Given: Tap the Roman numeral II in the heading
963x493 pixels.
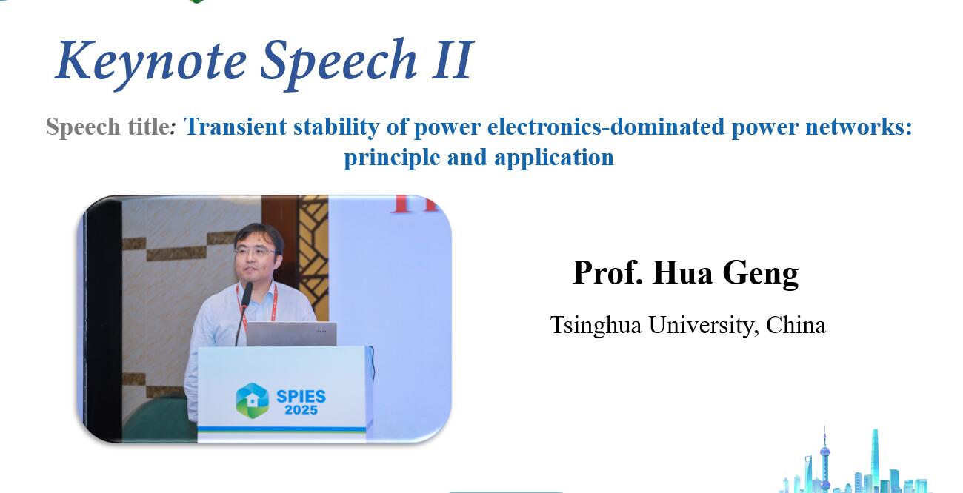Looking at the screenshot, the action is [x=453, y=59].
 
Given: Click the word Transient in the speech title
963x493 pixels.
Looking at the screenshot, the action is [x=235, y=127].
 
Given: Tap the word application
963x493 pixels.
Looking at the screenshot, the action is [x=554, y=158].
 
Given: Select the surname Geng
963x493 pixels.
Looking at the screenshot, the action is [x=761, y=272].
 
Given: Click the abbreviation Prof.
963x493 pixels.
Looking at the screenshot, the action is [x=607, y=272].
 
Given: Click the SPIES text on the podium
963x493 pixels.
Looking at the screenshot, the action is [x=301, y=396].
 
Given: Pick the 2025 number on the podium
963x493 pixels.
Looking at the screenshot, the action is [x=301, y=410].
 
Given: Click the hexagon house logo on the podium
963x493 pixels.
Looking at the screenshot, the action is [x=252, y=400].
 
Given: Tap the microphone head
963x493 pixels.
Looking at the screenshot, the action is [x=247, y=294].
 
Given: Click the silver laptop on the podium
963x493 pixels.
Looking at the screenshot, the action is [x=291, y=334].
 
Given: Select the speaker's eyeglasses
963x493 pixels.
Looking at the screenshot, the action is [x=255, y=252].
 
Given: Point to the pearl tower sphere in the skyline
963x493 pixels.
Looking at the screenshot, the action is [x=824, y=452].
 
